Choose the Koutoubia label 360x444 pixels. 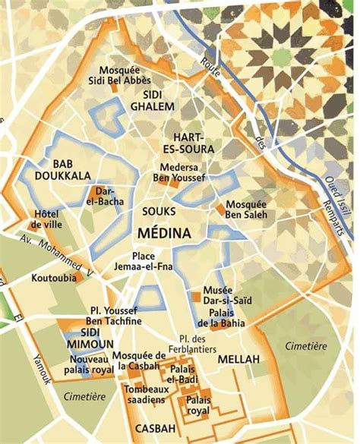[53, 279]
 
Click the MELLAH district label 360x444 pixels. [238, 357]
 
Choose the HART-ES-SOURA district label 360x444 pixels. [188, 143]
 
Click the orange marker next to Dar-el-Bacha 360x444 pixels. [97, 191]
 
